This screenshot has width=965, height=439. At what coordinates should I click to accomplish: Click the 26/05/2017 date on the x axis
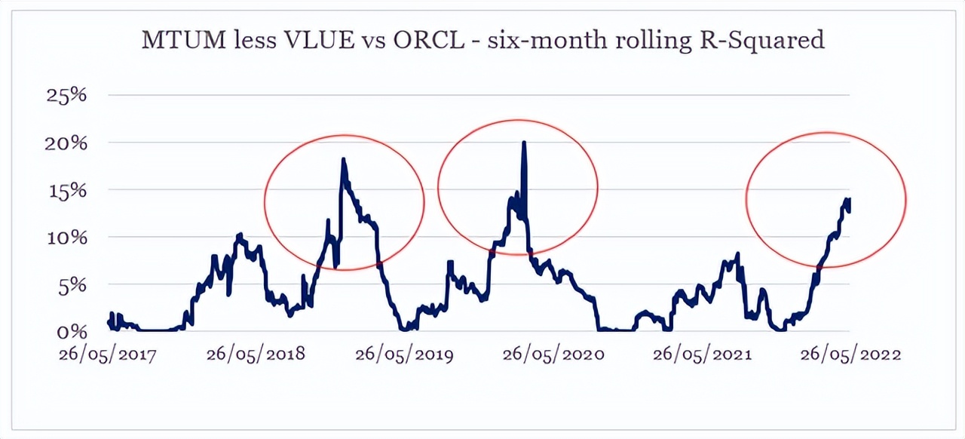(x=108, y=355)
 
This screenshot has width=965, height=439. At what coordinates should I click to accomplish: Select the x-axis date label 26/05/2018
(x=256, y=355)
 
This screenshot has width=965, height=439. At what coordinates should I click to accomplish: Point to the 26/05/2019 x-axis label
(x=405, y=355)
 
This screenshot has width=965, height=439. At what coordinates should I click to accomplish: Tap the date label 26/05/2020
(x=553, y=355)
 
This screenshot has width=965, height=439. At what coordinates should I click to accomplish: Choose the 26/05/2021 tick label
(x=702, y=355)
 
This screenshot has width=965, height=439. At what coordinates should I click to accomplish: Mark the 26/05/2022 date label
(x=851, y=355)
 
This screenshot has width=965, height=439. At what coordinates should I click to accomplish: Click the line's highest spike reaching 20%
(x=523, y=143)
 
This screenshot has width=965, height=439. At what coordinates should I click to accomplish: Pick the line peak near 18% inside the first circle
(x=343, y=160)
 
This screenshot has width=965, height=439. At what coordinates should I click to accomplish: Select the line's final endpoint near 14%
(x=850, y=201)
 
